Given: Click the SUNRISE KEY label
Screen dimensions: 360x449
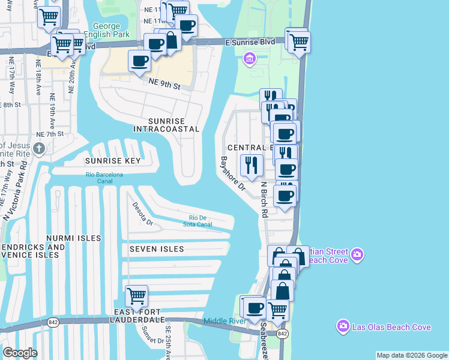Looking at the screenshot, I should [112, 161].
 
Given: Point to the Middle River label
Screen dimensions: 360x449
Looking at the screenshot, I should [224, 322].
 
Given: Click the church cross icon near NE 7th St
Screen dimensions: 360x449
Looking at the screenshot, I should [39, 148].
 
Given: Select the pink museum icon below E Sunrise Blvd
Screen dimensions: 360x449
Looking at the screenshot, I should [249, 58].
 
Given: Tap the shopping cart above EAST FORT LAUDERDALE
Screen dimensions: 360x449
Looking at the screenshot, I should [137, 296].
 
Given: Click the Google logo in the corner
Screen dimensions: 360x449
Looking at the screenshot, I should [20, 353].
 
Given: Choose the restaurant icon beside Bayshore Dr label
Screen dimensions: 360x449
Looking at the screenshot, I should [251, 164].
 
